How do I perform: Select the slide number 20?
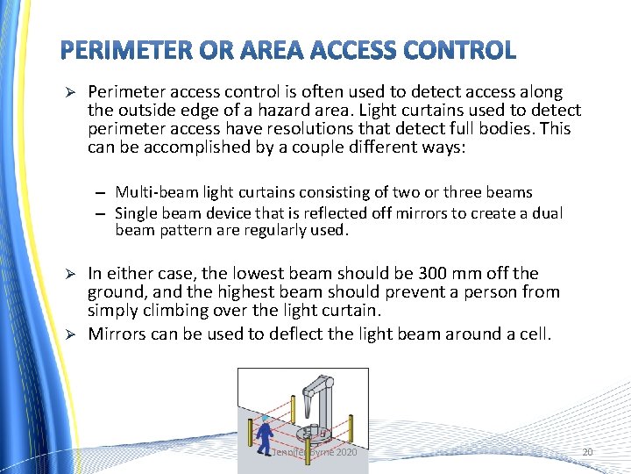[x=587, y=452]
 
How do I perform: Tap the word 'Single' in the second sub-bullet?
[x=135, y=212]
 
